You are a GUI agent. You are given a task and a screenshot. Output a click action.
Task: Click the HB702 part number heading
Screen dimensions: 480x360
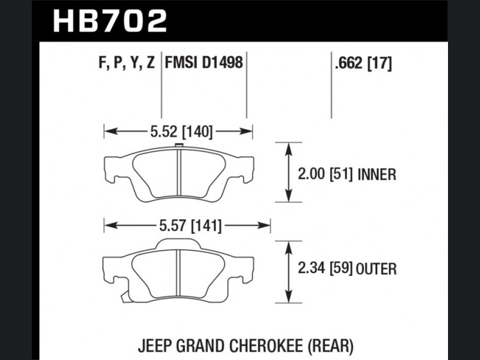(x=110, y=21)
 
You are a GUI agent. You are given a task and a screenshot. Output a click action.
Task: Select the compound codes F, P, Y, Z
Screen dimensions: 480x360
(x=127, y=63)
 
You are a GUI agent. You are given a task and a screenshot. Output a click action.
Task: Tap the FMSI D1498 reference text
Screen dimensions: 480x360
(x=204, y=63)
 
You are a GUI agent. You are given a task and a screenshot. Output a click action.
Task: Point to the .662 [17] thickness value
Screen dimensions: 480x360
(x=364, y=63)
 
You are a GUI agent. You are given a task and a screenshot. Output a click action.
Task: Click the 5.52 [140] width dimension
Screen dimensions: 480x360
(x=181, y=132)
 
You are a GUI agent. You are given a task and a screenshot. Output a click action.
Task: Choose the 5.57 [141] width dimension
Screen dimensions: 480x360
(x=190, y=226)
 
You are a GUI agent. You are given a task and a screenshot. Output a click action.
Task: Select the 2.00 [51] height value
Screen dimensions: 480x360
(x=325, y=174)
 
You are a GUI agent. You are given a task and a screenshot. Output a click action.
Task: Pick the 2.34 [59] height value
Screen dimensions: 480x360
(x=325, y=269)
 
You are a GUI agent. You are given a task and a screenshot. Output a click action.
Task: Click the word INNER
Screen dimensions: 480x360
(x=376, y=175)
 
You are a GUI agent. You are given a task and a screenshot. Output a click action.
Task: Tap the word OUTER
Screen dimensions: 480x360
(x=376, y=269)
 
